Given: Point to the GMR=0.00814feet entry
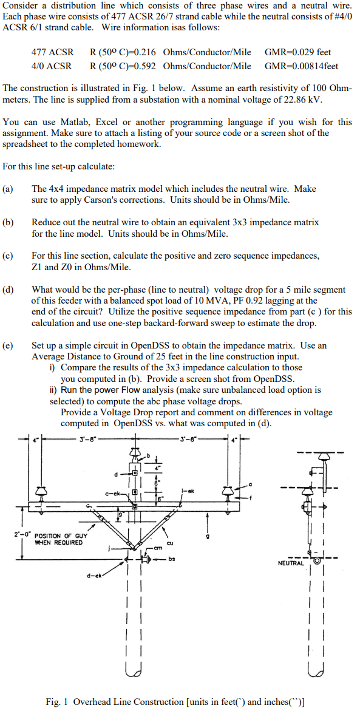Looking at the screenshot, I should pos(301,66).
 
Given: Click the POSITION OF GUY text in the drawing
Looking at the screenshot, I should pos(61,536).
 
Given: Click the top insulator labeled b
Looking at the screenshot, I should pos(134,454).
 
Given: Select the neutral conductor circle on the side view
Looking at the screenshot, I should pos(316,562).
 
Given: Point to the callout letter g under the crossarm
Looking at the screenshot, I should pos(209,537).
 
